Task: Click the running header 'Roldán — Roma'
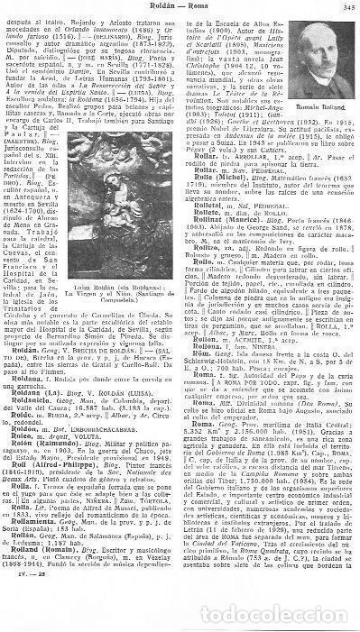click(180, 9)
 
